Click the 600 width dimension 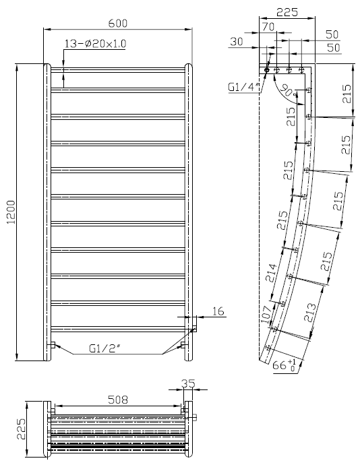(x=117, y=23)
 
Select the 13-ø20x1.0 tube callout (x=95, y=44)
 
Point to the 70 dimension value (x=268, y=28)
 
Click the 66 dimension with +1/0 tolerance (x=282, y=366)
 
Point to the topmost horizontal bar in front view (x=118, y=68)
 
